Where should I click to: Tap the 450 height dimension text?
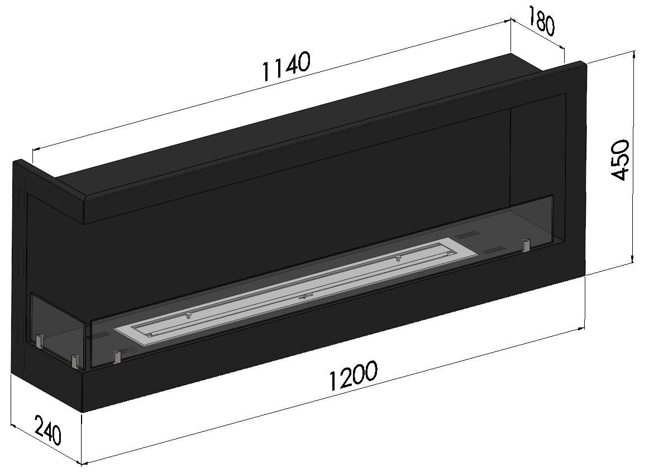[x=621, y=160]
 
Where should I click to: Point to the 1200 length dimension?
[x=352, y=377]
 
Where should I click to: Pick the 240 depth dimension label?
[x=47, y=429]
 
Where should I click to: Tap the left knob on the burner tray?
[x=189, y=315]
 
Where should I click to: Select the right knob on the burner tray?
[x=398, y=258]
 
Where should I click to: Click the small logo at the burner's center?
[x=306, y=295]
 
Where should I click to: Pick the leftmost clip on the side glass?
[x=40, y=340]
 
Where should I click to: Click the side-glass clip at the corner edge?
[x=74, y=361]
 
